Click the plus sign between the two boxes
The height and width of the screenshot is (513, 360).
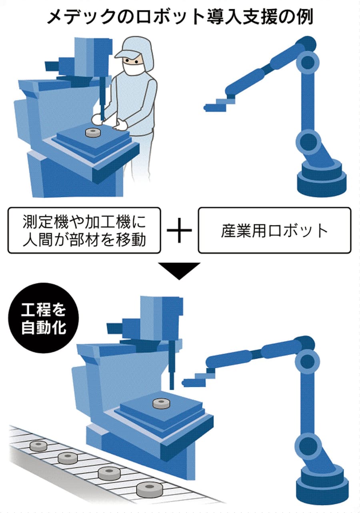click(x=179, y=230)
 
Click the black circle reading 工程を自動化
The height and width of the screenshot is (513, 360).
click(x=44, y=318)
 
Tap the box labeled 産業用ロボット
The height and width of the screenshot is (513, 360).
click(x=274, y=230)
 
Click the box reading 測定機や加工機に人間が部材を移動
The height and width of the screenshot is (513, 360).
click(x=84, y=230)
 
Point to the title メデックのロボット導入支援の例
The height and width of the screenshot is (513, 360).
click(x=180, y=17)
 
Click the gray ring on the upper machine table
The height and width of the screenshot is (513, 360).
click(x=93, y=132)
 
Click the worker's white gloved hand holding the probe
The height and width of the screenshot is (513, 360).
click(x=98, y=119)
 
